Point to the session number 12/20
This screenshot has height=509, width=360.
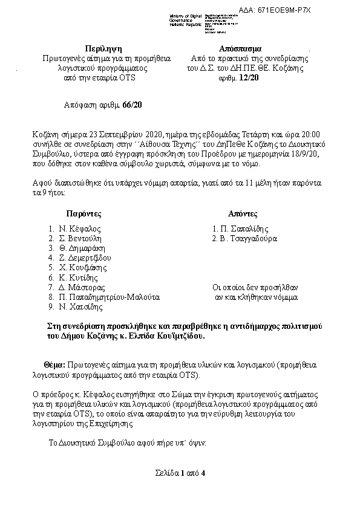(x=248, y=78)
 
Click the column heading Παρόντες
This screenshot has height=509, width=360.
(x=83, y=214)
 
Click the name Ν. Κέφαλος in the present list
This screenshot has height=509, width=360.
(x=79, y=229)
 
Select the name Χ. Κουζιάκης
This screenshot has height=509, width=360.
(x=83, y=268)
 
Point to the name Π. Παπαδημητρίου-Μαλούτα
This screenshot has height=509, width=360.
(x=109, y=297)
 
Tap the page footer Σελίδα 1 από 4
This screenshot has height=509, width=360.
(x=180, y=472)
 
